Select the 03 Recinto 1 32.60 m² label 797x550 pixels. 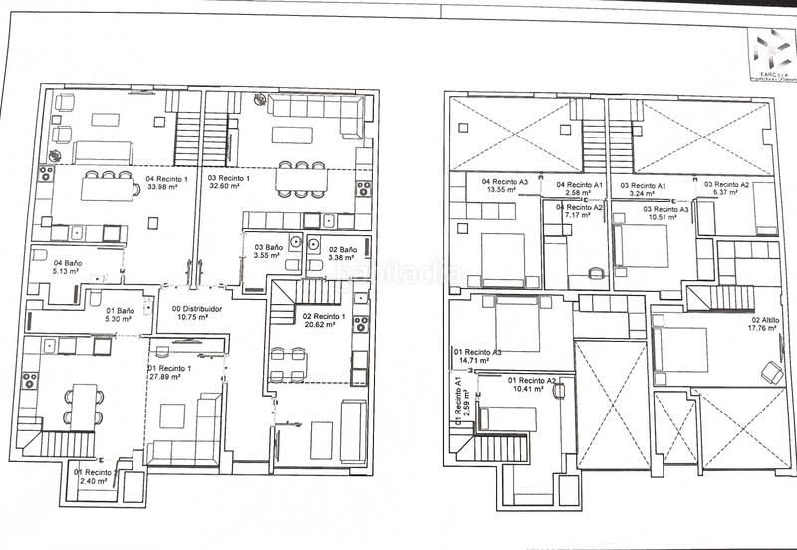(228, 183)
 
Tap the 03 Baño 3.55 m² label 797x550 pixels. (268, 251)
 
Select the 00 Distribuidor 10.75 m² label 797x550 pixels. (196, 315)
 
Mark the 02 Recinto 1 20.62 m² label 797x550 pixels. (323, 321)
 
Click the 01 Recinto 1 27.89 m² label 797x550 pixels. (171, 373)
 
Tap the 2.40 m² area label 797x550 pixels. (97, 476)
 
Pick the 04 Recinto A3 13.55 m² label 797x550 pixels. (505, 186)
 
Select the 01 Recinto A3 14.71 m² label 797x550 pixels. (477, 357)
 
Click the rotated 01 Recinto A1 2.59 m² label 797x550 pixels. (458, 400)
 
